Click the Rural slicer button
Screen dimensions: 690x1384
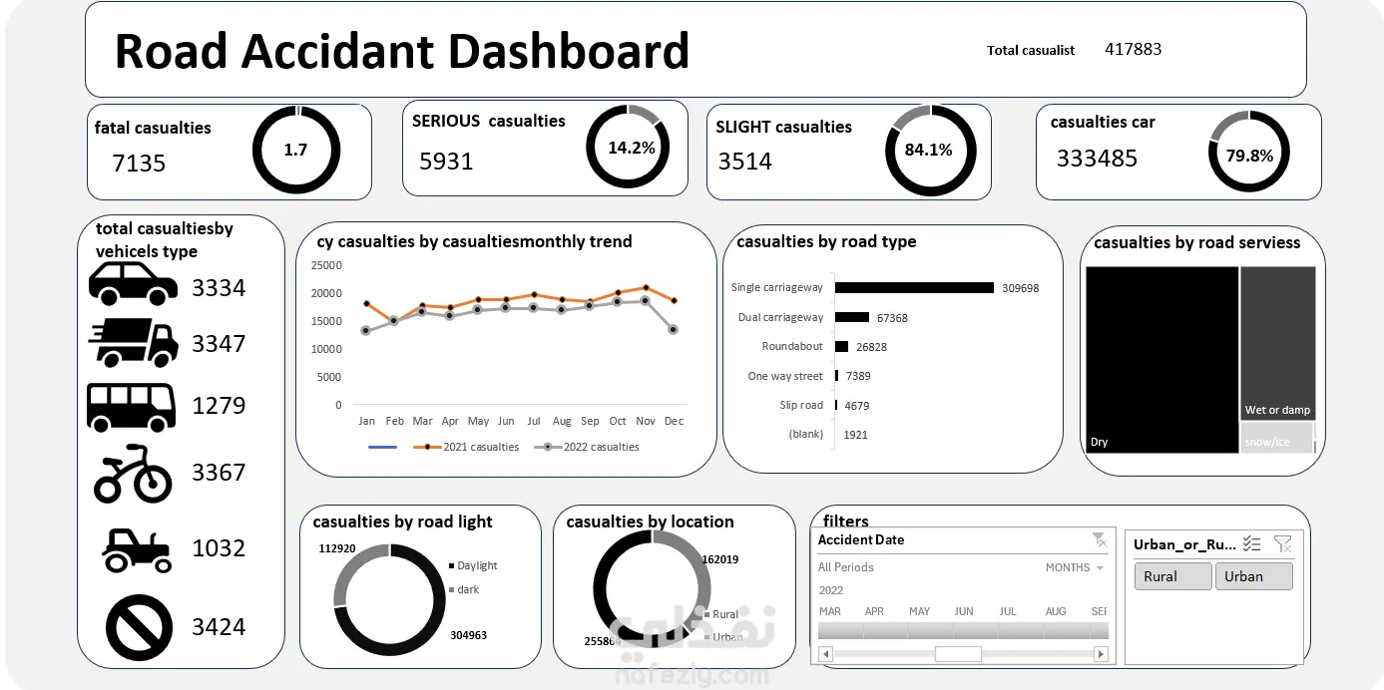(x=1172, y=576)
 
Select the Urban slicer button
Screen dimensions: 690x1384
(x=1253, y=576)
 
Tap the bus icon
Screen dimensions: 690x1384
(x=131, y=406)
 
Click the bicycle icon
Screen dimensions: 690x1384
(x=133, y=473)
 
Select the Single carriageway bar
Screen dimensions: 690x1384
(x=914, y=288)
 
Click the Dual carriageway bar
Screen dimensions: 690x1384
(x=852, y=317)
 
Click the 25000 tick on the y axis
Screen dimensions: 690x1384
(x=326, y=265)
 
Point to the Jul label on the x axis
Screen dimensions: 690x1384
(x=534, y=421)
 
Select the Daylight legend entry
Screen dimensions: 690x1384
(x=476, y=565)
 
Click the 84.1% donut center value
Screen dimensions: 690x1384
(x=928, y=151)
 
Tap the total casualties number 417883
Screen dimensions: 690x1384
(x=1133, y=49)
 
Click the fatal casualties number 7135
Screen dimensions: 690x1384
(x=139, y=164)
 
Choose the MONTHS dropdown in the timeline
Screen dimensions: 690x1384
(x=1074, y=567)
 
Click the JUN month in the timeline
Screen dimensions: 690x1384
(x=963, y=611)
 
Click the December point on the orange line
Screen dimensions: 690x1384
(x=674, y=300)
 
